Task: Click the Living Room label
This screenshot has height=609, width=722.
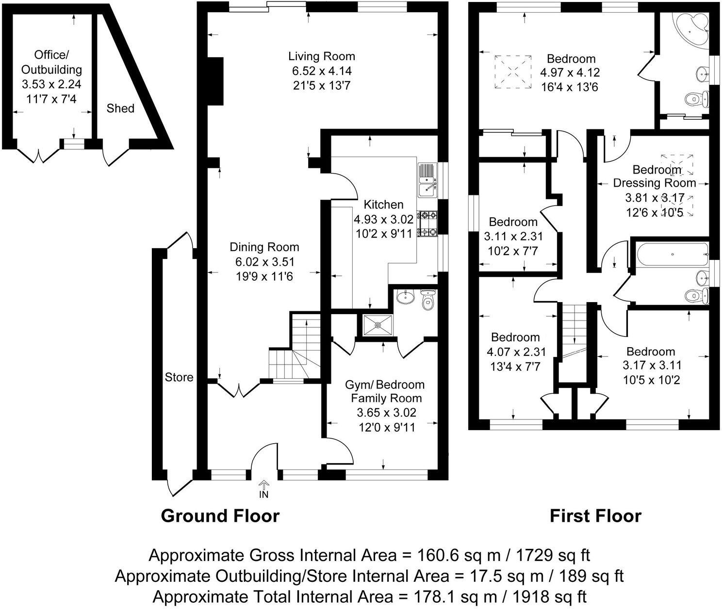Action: click(x=322, y=56)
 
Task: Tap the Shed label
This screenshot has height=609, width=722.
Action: click(x=120, y=108)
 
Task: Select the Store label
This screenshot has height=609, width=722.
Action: click(x=179, y=377)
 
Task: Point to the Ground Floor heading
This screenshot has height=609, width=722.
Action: click(x=220, y=516)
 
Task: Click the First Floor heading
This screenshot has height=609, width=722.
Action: click(x=595, y=516)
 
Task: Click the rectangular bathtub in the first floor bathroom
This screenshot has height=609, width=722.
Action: click(x=672, y=254)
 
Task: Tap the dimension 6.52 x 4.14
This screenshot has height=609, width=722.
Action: click(x=322, y=71)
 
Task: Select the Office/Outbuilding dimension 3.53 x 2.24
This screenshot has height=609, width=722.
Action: click(x=51, y=84)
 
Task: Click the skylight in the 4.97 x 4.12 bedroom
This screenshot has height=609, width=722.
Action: click(x=512, y=72)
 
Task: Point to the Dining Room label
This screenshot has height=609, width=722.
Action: click(x=264, y=247)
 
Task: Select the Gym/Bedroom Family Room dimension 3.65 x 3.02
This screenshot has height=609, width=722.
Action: click(x=386, y=413)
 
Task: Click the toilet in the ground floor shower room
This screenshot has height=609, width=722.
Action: click(x=427, y=302)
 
